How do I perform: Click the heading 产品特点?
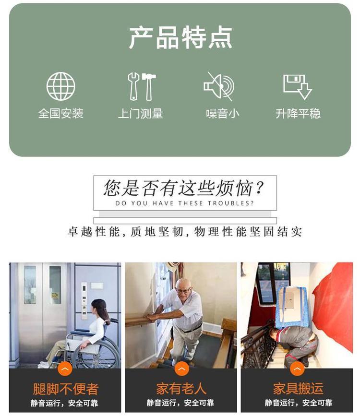click(x=180, y=37)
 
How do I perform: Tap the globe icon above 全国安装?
click(x=61, y=86)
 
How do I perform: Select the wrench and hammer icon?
click(x=142, y=86)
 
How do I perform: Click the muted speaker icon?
click(x=219, y=86)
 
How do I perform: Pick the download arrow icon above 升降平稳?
click(x=297, y=87)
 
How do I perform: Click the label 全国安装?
click(x=61, y=114)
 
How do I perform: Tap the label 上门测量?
click(x=141, y=114)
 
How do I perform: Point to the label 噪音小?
click(x=222, y=114)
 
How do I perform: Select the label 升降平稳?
click(x=298, y=114)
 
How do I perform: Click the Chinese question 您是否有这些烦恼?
click(x=184, y=188)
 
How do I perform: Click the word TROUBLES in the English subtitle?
click(x=230, y=203)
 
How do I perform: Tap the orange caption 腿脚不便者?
click(x=66, y=389)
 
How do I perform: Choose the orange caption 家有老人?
click(x=181, y=389)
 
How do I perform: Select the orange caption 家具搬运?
click(x=298, y=389)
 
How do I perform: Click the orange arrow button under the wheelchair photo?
click(x=65, y=369)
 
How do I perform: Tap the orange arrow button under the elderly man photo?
click(x=182, y=369)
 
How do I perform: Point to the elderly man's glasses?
click(x=184, y=290)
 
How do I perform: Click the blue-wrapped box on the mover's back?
click(x=291, y=307)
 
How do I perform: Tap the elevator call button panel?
click(x=84, y=300)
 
